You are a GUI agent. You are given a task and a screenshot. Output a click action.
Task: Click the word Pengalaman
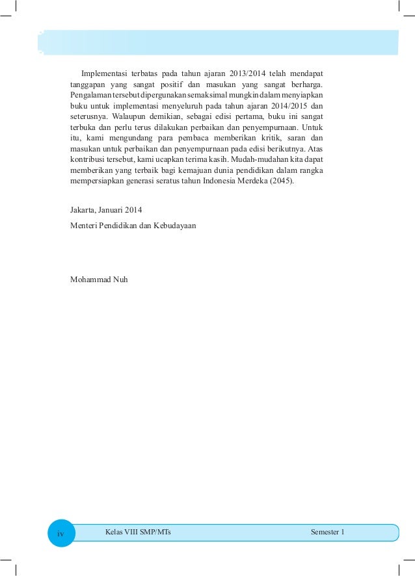point(90,94)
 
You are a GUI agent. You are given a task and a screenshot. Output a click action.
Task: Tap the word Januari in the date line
point(112,209)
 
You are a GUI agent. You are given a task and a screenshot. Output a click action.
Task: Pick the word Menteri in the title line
point(83,226)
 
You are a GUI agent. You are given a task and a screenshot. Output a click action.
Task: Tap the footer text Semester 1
point(328,532)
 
